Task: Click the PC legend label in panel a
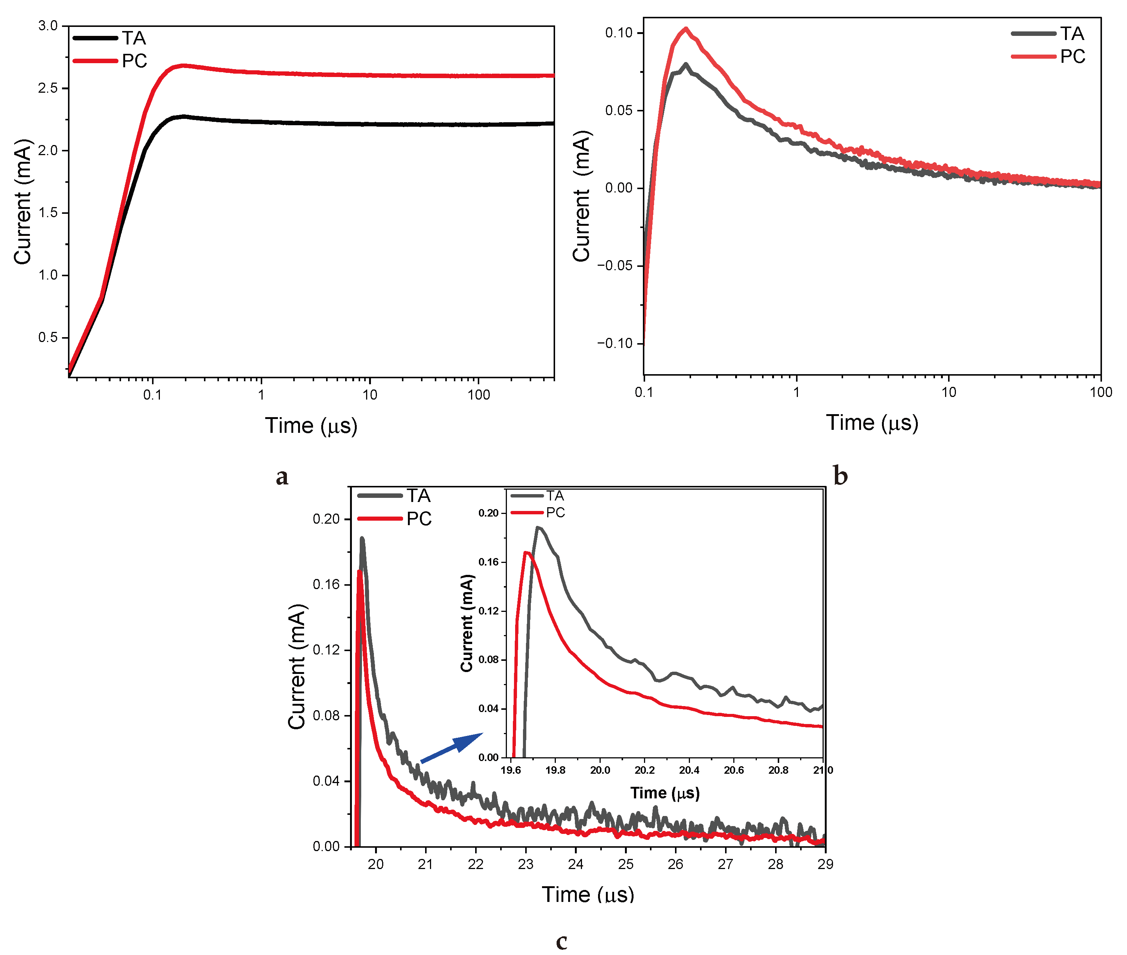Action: tap(134, 61)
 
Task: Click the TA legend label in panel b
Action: tap(1072, 34)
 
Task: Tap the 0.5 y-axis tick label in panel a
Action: tap(47, 337)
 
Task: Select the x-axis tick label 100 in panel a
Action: tap(478, 395)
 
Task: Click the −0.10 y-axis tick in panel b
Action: tap(614, 343)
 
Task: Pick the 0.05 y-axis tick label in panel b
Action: tap(619, 110)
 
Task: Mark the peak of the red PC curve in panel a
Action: tap(183, 65)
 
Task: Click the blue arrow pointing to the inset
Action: tap(451, 748)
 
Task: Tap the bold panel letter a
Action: tap(282, 477)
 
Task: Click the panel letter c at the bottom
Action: tap(561, 942)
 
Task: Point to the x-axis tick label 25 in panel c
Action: tap(625, 864)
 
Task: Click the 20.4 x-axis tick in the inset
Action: tap(689, 770)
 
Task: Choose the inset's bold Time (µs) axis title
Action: tap(665, 793)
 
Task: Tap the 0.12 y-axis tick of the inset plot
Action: tap(489, 611)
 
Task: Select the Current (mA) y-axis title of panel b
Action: tap(582, 196)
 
